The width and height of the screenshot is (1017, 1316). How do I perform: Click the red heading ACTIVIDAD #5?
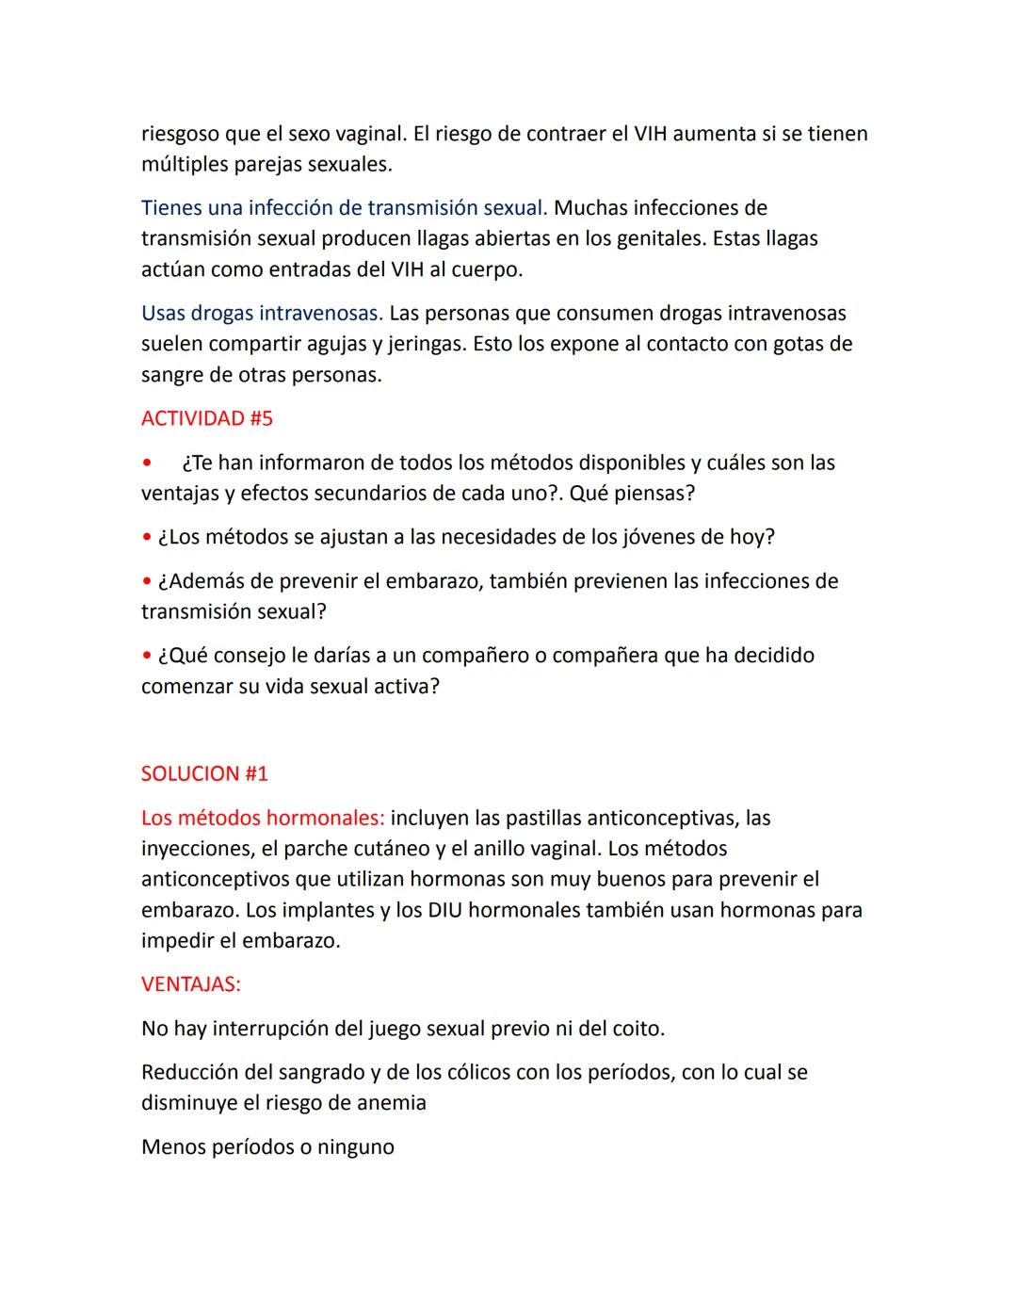[x=206, y=418]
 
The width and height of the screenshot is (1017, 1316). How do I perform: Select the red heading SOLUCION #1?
[x=204, y=774]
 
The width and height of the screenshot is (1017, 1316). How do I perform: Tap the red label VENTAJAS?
[x=190, y=984]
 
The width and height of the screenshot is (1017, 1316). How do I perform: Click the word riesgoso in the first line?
[x=179, y=134]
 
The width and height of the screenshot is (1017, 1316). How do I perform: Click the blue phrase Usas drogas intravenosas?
[x=262, y=314]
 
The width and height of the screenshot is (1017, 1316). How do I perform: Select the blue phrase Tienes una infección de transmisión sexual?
[x=344, y=208]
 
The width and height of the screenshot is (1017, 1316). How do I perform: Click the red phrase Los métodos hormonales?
[x=262, y=818]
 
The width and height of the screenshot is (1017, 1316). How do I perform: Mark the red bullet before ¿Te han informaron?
[x=146, y=463]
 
